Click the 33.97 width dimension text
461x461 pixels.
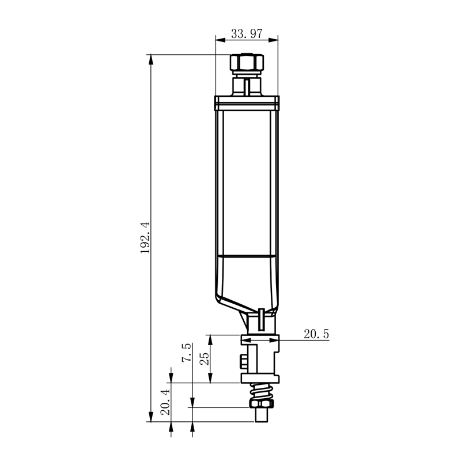tap(247, 34)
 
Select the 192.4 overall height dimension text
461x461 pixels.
tap(145, 237)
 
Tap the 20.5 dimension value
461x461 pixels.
tap(316, 334)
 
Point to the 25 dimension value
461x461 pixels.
tap(205, 358)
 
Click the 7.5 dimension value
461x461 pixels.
tap(186, 353)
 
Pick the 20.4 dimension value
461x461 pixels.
tap(165, 402)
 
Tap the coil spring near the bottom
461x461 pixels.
tap(261, 391)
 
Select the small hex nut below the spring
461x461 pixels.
tap(262, 403)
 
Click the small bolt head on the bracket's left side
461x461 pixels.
tap(244, 361)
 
